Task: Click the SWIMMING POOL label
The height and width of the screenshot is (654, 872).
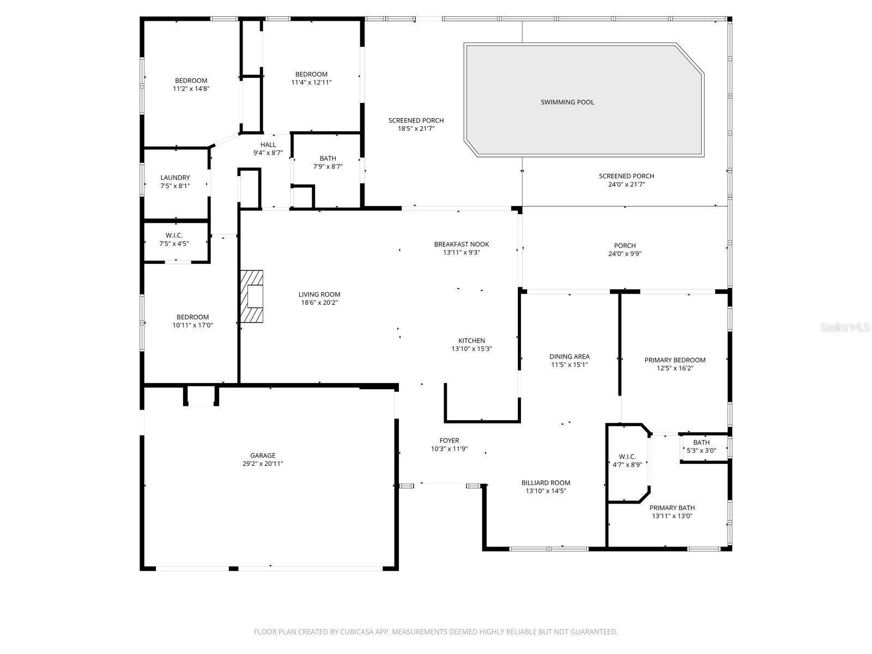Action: point(567,102)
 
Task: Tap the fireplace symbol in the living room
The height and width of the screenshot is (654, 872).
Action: point(252,297)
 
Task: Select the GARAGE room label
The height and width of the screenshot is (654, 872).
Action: point(263,456)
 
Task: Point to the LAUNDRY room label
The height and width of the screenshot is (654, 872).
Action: point(175,178)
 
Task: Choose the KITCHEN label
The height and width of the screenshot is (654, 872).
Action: point(471,341)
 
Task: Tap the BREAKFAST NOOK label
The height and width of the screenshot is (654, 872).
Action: point(461,244)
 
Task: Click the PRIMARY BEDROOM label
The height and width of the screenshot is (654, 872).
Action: point(675,360)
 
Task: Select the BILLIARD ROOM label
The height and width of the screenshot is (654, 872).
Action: point(546,482)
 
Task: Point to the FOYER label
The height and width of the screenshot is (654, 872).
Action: point(449,440)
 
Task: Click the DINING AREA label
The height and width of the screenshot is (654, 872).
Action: point(569,356)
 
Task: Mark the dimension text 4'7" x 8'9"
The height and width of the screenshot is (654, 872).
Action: point(623,465)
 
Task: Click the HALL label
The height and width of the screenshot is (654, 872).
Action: point(268,144)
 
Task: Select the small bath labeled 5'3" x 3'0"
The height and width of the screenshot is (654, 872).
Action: point(701,443)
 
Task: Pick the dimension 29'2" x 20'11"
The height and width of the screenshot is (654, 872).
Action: point(263,464)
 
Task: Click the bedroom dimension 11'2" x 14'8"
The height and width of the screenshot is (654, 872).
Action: point(191,89)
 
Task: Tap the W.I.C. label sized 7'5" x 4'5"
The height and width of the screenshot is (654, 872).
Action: point(174,235)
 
